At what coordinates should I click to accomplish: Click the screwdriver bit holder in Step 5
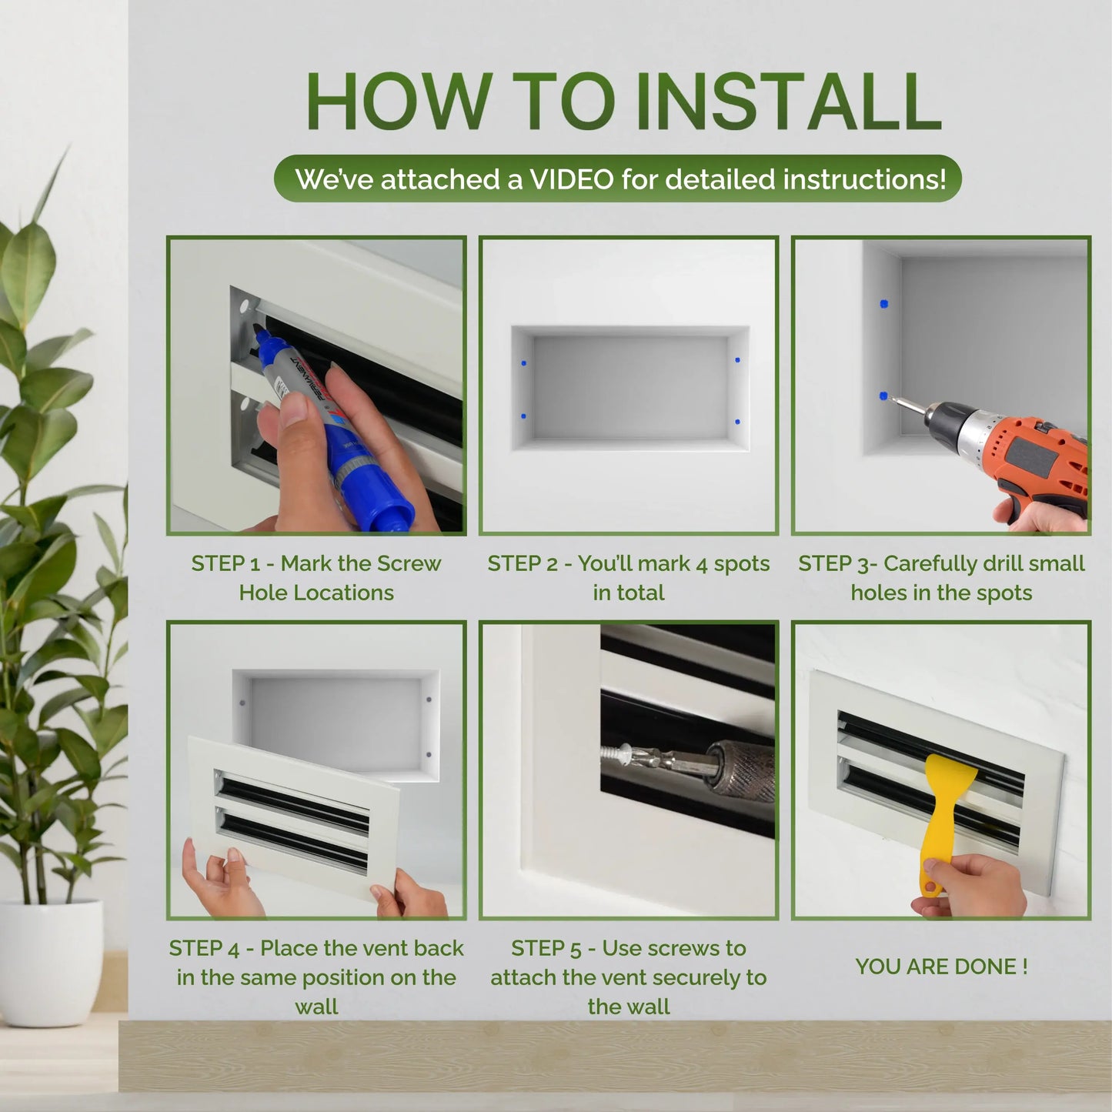(739, 768)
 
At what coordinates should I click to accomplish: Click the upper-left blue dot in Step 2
(524, 362)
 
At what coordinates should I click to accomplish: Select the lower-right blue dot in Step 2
(737, 422)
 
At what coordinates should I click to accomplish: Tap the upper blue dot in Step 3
(883, 304)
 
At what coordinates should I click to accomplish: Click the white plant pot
(51, 962)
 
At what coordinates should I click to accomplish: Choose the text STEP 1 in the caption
(225, 563)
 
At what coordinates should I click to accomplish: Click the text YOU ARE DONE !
(941, 967)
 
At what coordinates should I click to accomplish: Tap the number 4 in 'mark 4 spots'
(701, 564)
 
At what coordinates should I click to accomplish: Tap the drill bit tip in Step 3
(893, 400)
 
